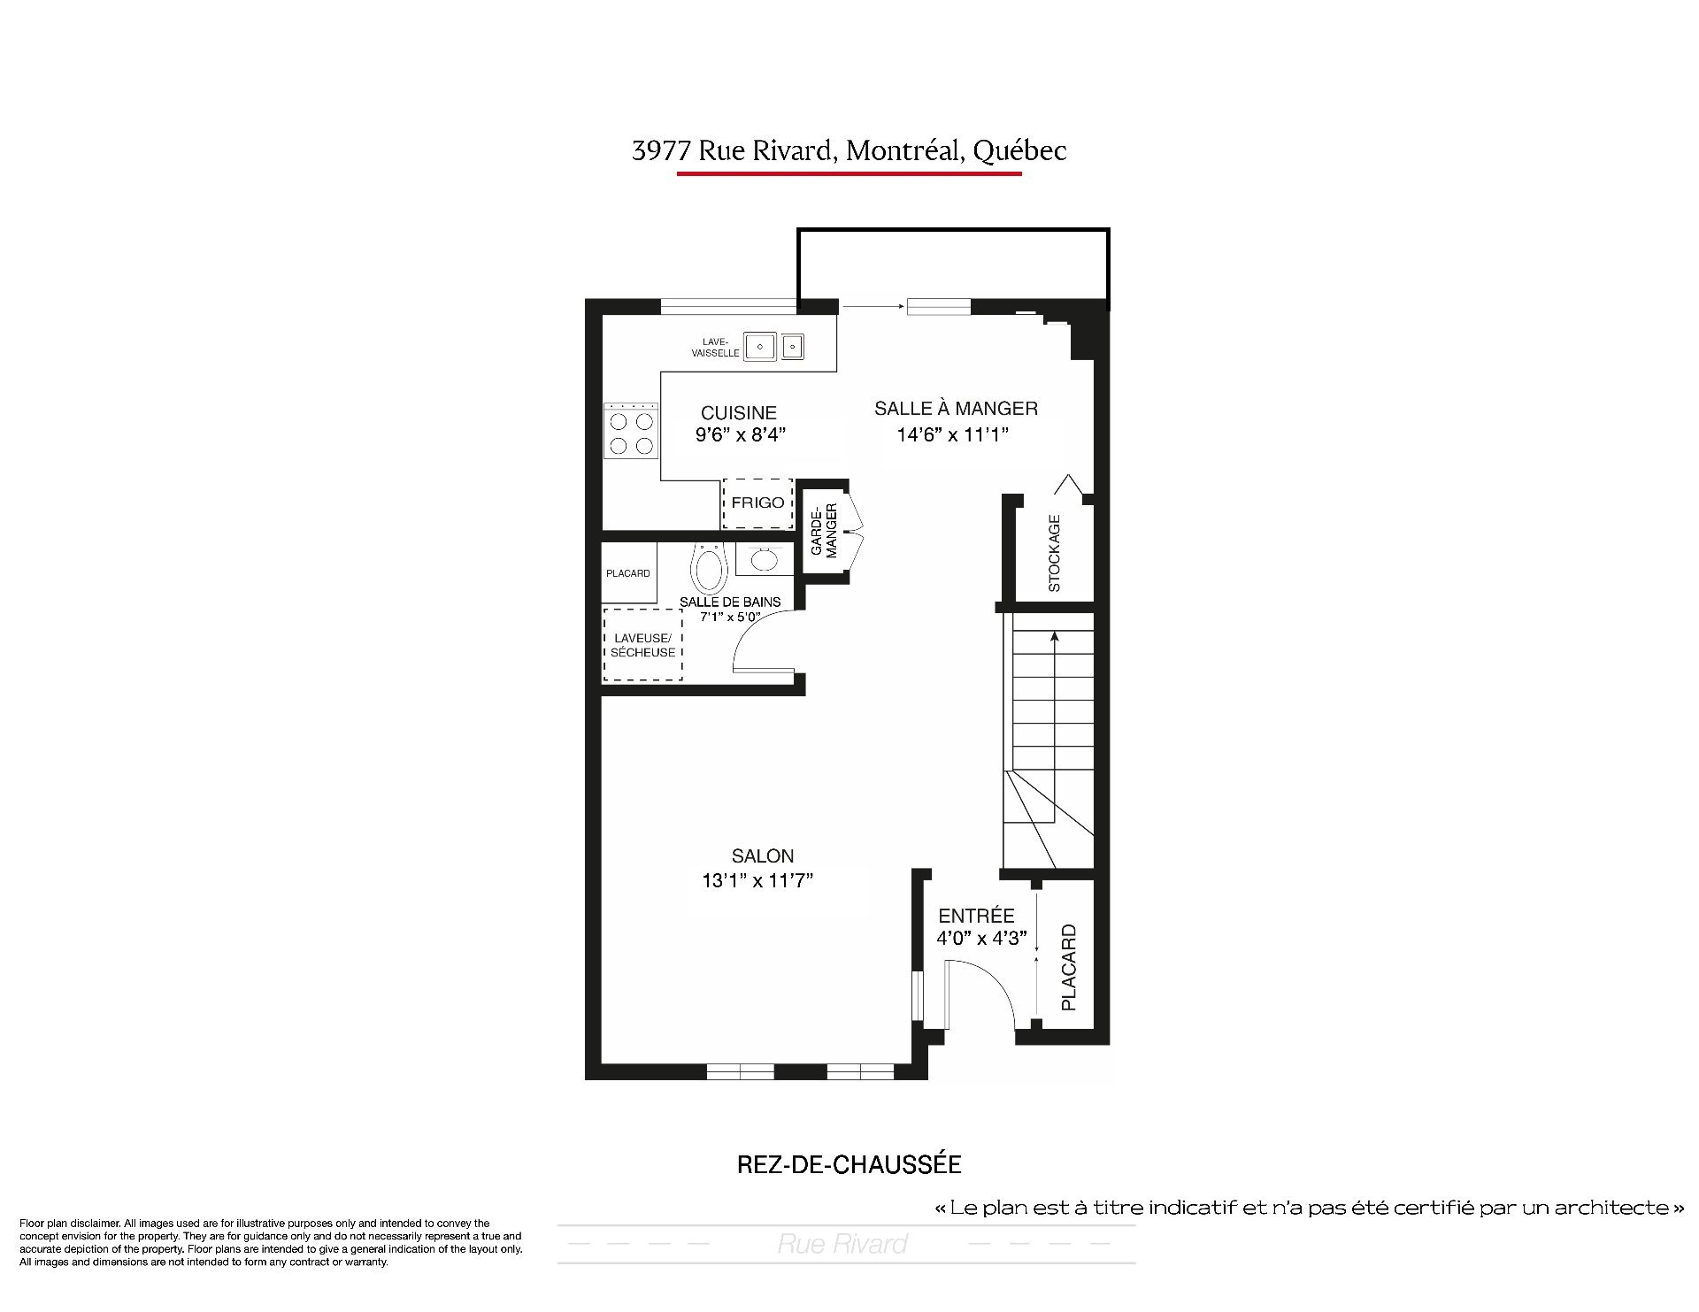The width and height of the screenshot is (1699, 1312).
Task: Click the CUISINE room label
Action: [x=739, y=413]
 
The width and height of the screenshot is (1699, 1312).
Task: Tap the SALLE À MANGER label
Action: [x=956, y=409]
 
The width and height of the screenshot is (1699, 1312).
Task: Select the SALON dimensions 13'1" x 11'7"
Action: [x=757, y=880]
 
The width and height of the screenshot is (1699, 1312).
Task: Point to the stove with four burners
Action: [x=631, y=432]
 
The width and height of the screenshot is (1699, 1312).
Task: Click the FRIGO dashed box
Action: [x=757, y=503]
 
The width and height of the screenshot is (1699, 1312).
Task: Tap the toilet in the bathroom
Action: [x=708, y=568]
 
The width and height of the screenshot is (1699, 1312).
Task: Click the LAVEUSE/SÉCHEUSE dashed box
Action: [x=642, y=645]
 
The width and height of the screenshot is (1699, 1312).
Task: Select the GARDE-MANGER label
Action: [x=824, y=531]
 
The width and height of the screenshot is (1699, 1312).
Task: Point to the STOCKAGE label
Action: [x=1054, y=554]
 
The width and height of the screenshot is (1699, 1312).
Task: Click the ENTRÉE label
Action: [x=977, y=916]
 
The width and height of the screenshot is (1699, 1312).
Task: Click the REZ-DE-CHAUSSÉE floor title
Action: [x=849, y=1164]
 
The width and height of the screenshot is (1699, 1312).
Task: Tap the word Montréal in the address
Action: [x=904, y=151]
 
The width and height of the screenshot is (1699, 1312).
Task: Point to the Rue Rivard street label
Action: [x=842, y=1245]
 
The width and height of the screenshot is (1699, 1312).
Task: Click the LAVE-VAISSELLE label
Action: [x=715, y=348]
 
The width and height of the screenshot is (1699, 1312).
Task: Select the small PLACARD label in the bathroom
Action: [x=628, y=573]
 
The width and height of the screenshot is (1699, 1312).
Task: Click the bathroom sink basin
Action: [x=760, y=559]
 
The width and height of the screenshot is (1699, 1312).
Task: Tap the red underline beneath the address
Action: [x=849, y=173]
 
